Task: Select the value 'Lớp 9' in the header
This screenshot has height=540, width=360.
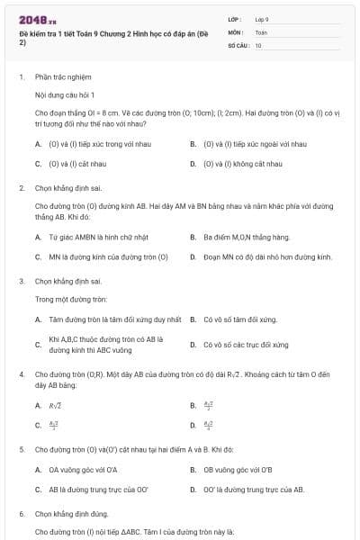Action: [262, 19]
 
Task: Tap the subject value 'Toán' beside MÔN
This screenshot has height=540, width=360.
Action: [261, 31]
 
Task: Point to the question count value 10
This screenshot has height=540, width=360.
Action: [258, 44]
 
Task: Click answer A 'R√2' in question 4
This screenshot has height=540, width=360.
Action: [55, 406]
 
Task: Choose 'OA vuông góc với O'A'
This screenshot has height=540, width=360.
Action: [83, 469]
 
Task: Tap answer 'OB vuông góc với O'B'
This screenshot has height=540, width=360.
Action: [238, 469]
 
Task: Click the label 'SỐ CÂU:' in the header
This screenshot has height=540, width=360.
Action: [238, 44]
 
